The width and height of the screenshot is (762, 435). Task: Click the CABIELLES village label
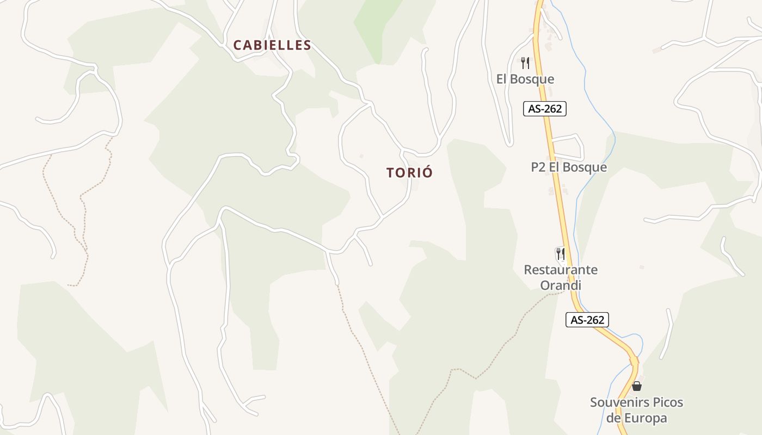click(272, 46)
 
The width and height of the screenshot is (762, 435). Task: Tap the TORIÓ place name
click(409, 173)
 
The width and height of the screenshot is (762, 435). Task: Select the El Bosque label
click(525, 79)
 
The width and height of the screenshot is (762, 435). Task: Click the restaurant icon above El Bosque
click(525, 63)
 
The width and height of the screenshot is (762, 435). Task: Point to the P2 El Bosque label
click(569, 167)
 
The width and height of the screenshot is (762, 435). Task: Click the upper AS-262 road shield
click(545, 109)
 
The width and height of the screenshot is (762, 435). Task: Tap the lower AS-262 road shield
click(587, 320)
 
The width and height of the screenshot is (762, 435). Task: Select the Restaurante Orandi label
click(561, 277)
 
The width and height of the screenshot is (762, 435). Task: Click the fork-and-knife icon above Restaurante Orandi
click(560, 253)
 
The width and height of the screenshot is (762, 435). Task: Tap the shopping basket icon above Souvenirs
click(636, 387)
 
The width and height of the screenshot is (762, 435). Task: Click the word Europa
click(643, 419)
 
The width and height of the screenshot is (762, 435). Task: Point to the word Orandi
click(561, 285)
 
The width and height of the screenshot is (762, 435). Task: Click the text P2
click(538, 167)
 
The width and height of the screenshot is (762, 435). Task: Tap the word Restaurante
click(561, 270)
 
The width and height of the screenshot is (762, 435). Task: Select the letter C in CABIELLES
click(237, 46)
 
